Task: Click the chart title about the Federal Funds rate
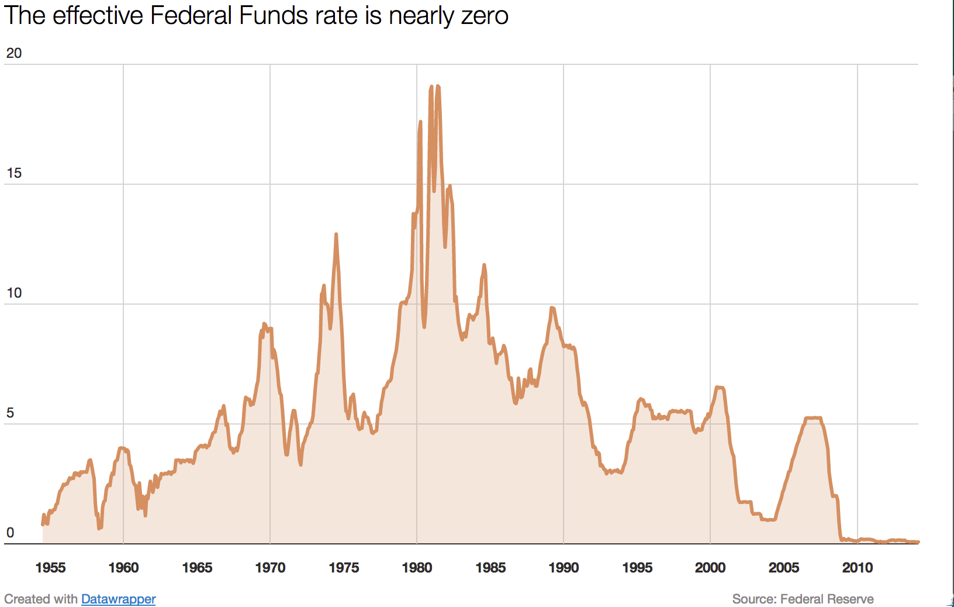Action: coord(256,16)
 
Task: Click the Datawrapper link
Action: coord(118,599)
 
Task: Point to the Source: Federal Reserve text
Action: coord(803,599)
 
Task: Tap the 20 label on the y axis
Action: coord(13,53)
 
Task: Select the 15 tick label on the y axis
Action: coord(13,173)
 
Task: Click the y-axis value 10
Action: coord(13,293)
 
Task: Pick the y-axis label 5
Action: coord(10,413)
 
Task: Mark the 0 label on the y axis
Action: coord(10,533)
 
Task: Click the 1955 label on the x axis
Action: coord(50,567)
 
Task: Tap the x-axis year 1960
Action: coord(123,567)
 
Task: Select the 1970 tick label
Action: coord(270,567)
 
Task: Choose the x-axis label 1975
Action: coord(344,567)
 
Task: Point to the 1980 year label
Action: coord(417,567)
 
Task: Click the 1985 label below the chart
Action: coord(490,567)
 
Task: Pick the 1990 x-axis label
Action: coord(564,567)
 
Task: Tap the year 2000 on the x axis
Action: coord(710,567)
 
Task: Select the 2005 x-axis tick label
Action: coord(784,567)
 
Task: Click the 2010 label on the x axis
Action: coord(858,567)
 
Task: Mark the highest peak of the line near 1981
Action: coord(437,87)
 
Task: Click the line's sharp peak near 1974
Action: coord(336,234)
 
